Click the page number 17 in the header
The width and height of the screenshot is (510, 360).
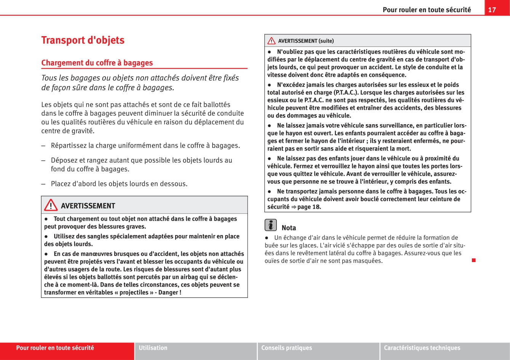pos(492,10)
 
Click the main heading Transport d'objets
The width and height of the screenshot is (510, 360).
pos(83,40)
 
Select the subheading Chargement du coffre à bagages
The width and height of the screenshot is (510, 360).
pos(97,63)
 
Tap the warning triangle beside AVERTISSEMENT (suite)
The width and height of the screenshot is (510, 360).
pos(272,41)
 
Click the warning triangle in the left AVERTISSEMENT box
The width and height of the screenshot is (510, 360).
pos(51,206)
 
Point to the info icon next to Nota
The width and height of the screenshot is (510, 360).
pos(270,225)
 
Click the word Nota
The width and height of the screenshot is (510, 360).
pos(289,228)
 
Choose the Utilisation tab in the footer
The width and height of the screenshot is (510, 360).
pos(153,348)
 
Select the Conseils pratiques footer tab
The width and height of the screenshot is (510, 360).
pos(286,348)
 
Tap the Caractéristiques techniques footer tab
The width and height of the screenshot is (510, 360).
pos(422,348)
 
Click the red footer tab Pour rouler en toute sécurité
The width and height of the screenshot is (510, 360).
pos(55,348)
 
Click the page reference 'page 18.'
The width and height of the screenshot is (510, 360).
pos(309,207)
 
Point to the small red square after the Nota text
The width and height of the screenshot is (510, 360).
pos(473,261)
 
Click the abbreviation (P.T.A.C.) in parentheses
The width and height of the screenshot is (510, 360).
pos(346,93)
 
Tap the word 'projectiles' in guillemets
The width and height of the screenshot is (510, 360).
pos(134,293)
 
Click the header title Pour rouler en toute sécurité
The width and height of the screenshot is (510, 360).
pos(427,10)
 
